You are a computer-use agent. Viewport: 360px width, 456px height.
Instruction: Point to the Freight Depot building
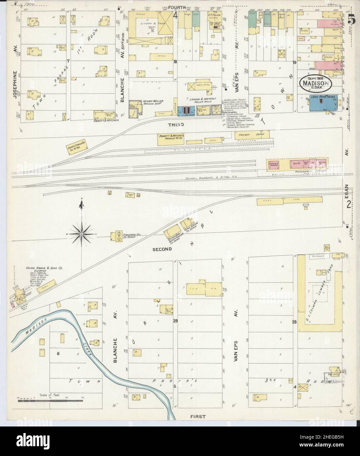click(x=252, y=135)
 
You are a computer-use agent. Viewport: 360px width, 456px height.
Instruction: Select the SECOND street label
click(x=162, y=249)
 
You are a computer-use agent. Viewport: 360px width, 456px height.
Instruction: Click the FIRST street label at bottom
click(x=197, y=417)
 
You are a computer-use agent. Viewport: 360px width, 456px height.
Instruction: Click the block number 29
click(x=175, y=321)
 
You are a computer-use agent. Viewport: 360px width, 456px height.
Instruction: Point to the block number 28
click(x=294, y=322)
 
